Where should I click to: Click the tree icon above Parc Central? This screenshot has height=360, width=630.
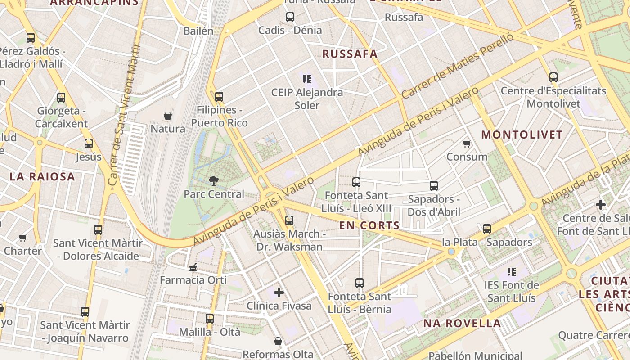point(214,181)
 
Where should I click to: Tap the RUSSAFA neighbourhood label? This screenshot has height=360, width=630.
point(350,54)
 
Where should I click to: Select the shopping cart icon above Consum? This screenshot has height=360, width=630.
point(467,144)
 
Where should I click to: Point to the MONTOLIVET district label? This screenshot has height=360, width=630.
point(522,135)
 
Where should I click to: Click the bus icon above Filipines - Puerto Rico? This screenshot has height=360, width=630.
point(219,97)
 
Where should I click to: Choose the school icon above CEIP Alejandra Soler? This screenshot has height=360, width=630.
point(307,79)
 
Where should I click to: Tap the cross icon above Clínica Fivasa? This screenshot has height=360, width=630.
point(279,292)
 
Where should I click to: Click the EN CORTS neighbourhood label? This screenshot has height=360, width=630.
point(369,225)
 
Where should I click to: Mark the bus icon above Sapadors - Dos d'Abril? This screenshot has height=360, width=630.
point(434,185)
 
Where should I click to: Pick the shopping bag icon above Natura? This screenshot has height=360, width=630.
point(168,116)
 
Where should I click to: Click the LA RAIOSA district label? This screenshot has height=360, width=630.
point(42,176)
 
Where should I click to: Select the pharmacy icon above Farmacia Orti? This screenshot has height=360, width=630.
point(193,267)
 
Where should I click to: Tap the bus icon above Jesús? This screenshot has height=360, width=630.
point(89,144)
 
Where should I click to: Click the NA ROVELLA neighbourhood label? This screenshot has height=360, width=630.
point(462,323)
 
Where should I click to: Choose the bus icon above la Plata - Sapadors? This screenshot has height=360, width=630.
point(487,229)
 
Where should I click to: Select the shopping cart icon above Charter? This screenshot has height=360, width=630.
point(23,238)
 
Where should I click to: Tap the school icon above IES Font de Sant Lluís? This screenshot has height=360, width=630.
point(512,272)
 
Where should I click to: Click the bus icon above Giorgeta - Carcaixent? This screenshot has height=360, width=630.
point(61,97)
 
